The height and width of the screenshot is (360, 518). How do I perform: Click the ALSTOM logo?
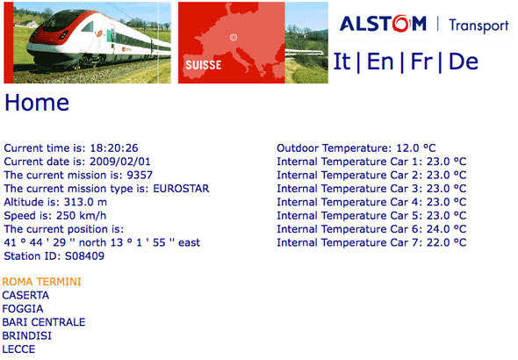click(x=383, y=24)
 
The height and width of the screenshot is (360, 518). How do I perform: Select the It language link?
click(x=342, y=61)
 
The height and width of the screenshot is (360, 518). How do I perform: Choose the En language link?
click(x=380, y=61)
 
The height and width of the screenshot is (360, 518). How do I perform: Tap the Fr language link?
click(x=421, y=61)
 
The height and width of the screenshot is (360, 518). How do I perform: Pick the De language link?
click(x=464, y=61)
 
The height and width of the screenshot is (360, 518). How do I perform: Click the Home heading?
click(x=37, y=103)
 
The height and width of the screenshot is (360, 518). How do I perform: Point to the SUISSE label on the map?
click(x=203, y=65)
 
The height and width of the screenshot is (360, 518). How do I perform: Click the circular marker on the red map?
click(x=234, y=38)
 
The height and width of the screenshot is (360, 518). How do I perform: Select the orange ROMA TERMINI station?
click(x=41, y=282)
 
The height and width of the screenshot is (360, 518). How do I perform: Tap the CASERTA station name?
click(x=25, y=295)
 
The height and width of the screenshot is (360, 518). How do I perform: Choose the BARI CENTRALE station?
click(x=44, y=322)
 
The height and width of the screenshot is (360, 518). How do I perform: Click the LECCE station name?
click(x=18, y=349)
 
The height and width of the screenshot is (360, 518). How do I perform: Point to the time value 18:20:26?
click(x=114, y=148)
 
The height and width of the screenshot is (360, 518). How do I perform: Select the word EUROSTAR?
click(x=181, y=189)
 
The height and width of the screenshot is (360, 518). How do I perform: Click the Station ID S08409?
click(x=84, y=256)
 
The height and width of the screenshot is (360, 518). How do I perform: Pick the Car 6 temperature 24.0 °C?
click(x=446, y=229)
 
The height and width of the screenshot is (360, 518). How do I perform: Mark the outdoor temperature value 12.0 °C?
click(x=416, y=148)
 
